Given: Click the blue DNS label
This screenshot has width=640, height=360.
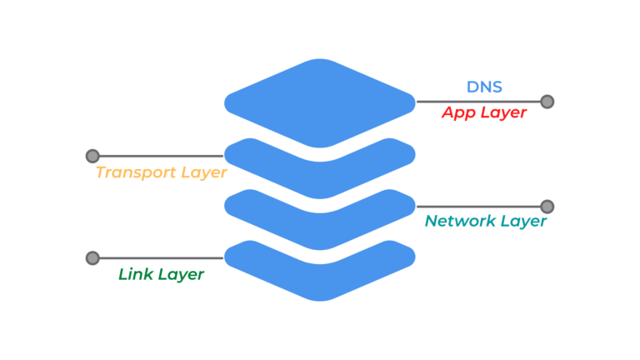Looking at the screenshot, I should (483, 86).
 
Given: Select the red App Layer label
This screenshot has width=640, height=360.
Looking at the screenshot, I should (484, 112).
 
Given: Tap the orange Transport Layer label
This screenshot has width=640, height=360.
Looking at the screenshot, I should (161, 172).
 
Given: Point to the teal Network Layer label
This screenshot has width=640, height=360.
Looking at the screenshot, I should (485, 221).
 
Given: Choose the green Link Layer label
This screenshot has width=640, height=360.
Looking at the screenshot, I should (161, 274).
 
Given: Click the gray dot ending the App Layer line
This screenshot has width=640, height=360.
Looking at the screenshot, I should (547, 102).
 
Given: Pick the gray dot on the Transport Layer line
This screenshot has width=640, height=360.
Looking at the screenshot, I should (92, 156).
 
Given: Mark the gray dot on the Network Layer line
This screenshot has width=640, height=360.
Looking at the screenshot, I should (547, 206).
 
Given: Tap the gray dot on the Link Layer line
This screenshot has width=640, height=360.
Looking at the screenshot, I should (92, 257).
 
